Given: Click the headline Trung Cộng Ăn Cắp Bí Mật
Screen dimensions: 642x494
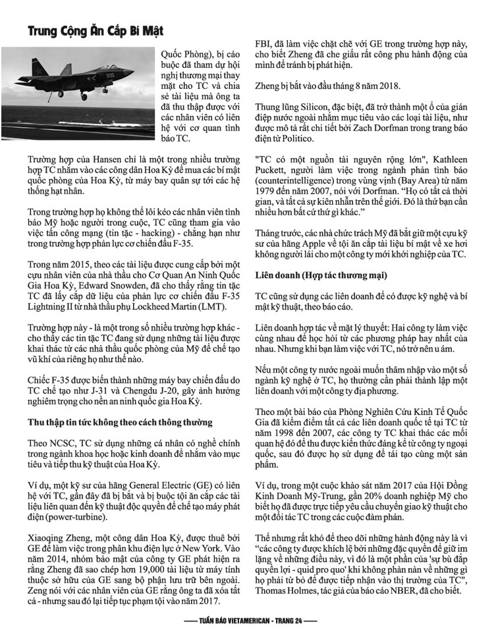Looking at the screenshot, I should tap(96, 31).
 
